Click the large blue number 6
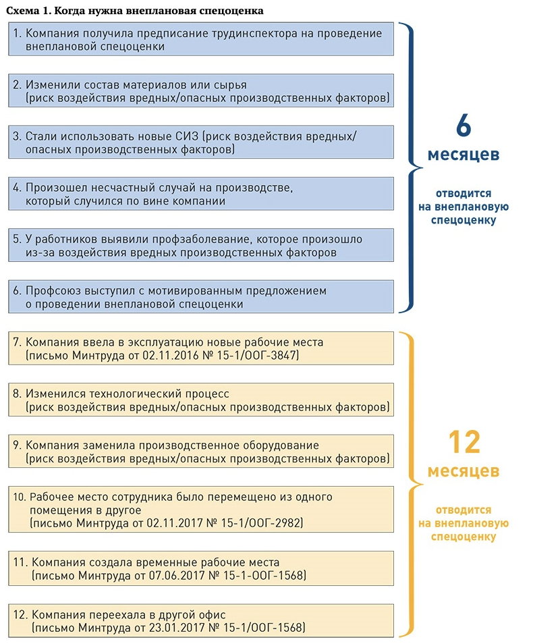pos(464,127)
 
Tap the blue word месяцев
pos(464,155)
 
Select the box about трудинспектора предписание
pos(202,40)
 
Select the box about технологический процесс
pos(202,400)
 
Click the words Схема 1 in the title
pos(28,10)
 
